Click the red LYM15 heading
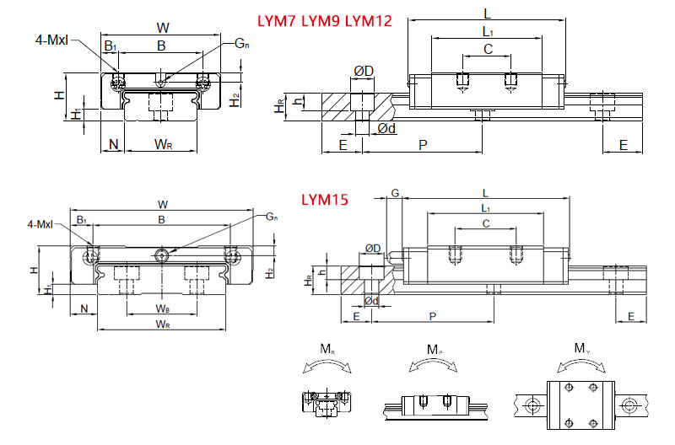pos(326,201)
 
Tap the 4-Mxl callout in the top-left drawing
pos(52,40)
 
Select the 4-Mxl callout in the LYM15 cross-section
pos(40,224)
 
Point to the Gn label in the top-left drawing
pos(241,42)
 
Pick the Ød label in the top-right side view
pos(387,129)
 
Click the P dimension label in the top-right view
pos(423,145)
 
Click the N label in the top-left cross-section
pos(113,145)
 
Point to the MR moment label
pos(325,349)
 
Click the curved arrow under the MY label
pos(581,364)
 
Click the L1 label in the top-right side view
pos(489,31)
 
